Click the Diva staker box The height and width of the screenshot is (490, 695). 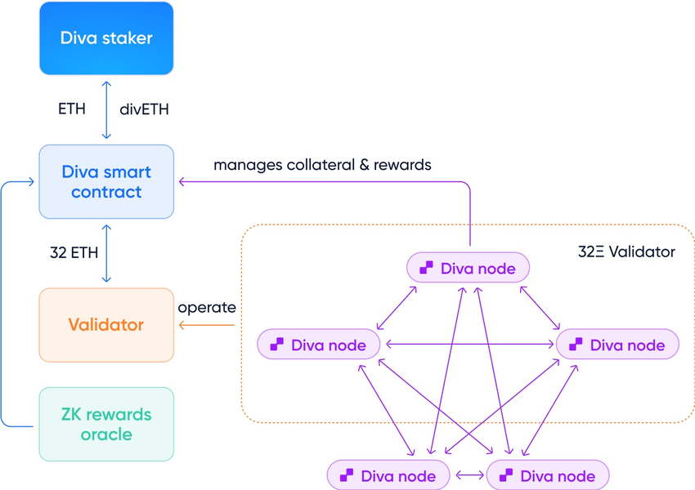(x=106, y=38)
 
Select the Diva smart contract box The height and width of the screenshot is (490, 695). (x=106, y=181)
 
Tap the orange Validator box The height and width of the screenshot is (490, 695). (x=106, y=324)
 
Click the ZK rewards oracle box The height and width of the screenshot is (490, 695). (x=106, y=424)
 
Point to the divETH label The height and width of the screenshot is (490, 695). (x=145, y=109)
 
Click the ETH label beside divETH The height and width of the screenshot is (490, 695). (x=71, y=109)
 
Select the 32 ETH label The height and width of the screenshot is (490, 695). (x=71, y=252)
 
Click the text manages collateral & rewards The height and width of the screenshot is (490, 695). (x=322, y=165)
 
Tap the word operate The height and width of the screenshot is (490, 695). (x=207, y=308)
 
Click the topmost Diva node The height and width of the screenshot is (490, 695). (x=469, y=267)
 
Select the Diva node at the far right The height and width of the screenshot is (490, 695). (x=617, y=345)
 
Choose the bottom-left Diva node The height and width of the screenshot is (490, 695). (x=388, y=475)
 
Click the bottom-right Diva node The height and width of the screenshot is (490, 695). (x=547, y=475)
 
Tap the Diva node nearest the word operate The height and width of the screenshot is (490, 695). (x=319, y=345)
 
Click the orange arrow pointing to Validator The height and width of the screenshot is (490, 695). (x=207, y=326)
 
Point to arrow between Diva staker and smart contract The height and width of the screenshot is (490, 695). (x=106, y=109)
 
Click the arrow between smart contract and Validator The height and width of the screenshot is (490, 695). (x=106, y=252)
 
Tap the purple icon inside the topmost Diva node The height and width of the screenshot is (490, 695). (x=425, y=267)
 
